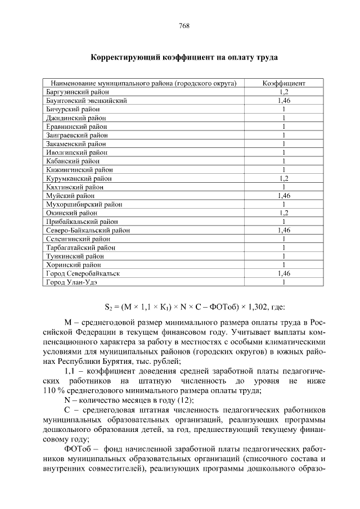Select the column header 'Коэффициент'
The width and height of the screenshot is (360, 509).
[x=283, y=83]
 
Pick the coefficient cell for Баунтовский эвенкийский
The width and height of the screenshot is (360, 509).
[x=283, y=101]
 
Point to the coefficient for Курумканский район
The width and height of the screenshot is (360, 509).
[x=283, y=178]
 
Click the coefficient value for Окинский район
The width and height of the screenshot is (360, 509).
[x=283, y=213]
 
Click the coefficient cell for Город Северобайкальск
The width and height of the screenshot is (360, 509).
[x=283, y=273]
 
